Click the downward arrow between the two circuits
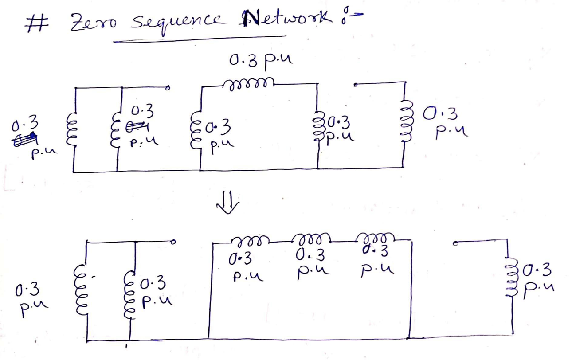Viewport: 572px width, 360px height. [228, 204]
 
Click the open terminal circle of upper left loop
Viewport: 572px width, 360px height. [168, 88]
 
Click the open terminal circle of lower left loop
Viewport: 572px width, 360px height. [174, 243]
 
